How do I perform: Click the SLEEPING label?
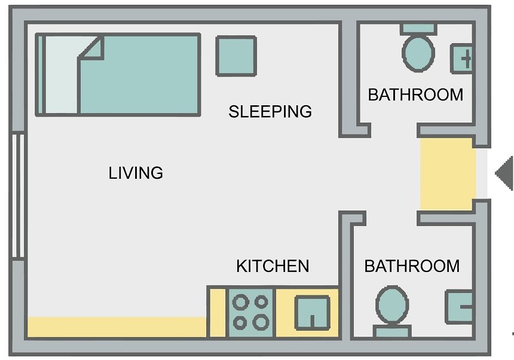coord(270,111)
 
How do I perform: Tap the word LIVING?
coord(136,173)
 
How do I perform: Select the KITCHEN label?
coord(273,266)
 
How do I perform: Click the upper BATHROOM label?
coord(415,94)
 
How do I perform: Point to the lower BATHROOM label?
coord(412,266)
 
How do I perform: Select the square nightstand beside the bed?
coord(236,56)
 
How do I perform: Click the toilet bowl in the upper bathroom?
coord(418,53)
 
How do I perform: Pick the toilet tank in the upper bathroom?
coord(418,29)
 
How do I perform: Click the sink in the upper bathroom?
coord(461,59)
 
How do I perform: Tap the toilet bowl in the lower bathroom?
coord(392,305)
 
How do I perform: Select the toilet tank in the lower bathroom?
coord(392,331)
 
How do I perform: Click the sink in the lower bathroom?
coord(459,307)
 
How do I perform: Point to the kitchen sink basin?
coord(313,313)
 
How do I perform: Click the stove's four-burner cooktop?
coord(251,313)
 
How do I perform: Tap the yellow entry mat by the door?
coord(448,174)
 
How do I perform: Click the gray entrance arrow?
coord(505,173)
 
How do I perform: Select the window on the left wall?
coord(18,196)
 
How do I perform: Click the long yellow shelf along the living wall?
coord(117,327)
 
